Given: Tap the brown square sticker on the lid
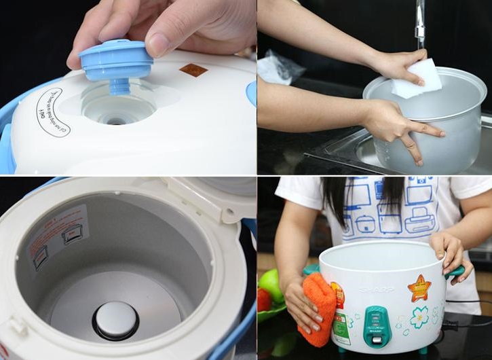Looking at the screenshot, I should (193, 70).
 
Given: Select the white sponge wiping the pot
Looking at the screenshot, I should (415, 78).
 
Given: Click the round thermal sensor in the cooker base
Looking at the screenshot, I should (115, 320).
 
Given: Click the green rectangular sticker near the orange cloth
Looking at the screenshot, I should (341, 329).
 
